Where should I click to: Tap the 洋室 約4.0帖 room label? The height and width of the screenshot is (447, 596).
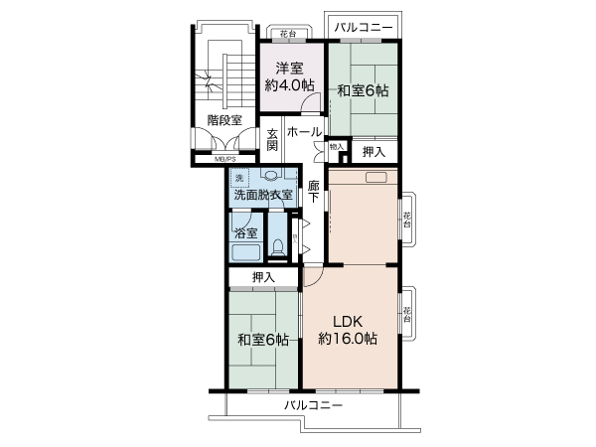[288, 76]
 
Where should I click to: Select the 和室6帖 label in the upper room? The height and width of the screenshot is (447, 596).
[362, 90]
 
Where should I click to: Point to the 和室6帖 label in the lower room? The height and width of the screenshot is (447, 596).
[263, 340]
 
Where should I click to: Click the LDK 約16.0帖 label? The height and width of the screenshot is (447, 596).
[348, 329]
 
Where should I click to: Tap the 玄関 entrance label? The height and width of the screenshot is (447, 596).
[273, 141]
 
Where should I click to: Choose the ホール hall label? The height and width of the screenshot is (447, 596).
[304, 132]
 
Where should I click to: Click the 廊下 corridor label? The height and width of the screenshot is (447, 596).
[313, 192]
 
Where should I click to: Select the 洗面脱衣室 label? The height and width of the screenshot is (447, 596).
[263, 196]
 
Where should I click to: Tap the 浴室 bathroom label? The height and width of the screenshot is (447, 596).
[245, 233]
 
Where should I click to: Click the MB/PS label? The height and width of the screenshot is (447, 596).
[224, 159]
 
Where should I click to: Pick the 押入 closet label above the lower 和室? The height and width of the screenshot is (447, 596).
[263, 277]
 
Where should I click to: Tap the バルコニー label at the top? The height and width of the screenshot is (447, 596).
[363, 27]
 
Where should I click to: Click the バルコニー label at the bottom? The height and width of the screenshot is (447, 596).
[314, 406]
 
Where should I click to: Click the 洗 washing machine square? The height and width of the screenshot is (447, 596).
[239, 177]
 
